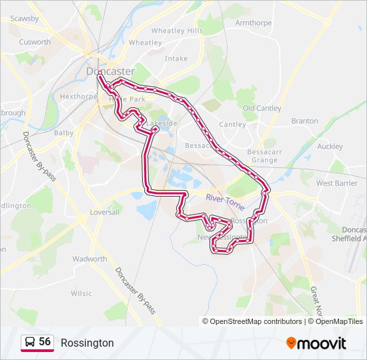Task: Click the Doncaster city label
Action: coord(110,71)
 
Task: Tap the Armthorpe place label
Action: coord(253,23)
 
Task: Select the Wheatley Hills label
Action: coord(177,31)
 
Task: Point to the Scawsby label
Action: coord(24,19)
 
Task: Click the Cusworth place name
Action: coord(35,41)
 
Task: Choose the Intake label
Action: coord(176,59)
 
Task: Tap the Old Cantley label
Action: coord(262,108)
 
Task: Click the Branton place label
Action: coord(304,121)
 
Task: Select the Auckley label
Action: coord(330,147)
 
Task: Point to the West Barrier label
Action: coord(336,183)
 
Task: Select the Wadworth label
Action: coord(89,259)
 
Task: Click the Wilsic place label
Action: coord(81,293)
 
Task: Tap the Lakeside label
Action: coord(162,123)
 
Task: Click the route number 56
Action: coord(45,342)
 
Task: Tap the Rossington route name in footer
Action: coord(87,343)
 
